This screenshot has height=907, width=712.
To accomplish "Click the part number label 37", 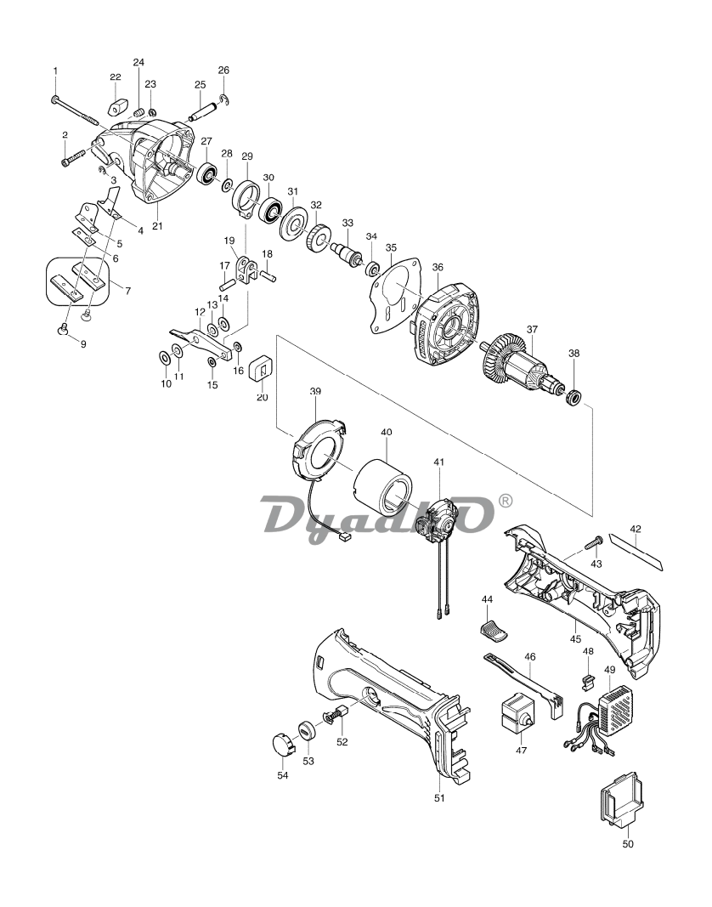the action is click(x=532, y=330).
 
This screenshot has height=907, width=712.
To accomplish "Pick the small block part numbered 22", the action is click(x=118, y=106).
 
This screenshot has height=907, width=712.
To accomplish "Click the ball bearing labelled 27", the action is click(x=207, y=174).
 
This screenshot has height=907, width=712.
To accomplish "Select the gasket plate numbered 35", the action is click(x=398, y=296).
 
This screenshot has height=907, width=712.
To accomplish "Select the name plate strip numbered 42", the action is click(x=637, y=552).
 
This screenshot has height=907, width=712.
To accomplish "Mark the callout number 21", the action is click(x=157, y=226).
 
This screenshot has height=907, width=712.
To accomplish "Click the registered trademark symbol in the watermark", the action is click(x=505, y=501).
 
